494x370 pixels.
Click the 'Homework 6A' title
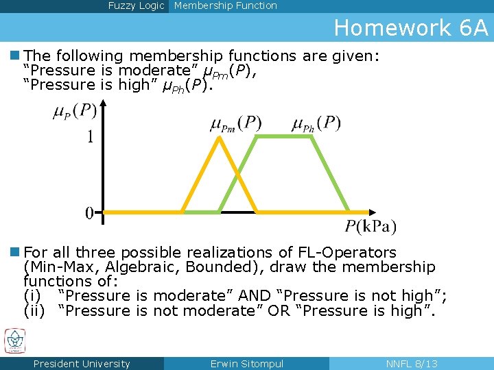411,28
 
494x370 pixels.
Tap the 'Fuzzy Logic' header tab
136,5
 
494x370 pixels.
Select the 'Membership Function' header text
226,5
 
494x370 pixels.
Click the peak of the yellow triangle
219,138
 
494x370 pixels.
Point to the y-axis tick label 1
90,138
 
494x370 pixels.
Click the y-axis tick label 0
90,213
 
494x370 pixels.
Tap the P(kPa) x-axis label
370,227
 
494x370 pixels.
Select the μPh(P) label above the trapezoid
316,124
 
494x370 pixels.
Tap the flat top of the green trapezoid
283,136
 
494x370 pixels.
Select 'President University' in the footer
81,364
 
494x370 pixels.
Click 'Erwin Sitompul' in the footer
246,364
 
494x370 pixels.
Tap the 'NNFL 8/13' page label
412,364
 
